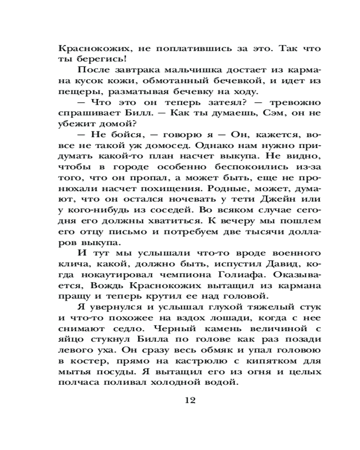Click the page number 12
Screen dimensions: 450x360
[x=189, y=400]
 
